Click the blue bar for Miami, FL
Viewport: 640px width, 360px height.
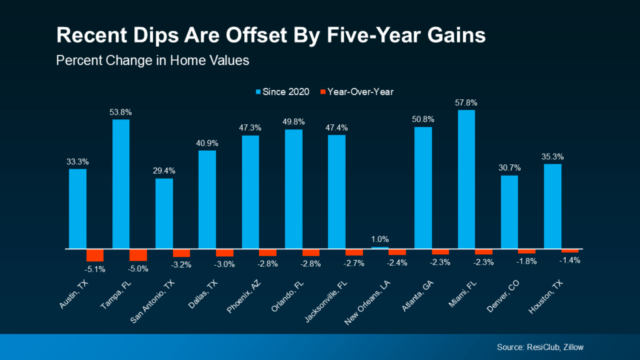[x=466, y=179]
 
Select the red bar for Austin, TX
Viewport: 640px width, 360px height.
[x=95, y=254]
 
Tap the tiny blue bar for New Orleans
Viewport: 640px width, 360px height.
[x=379, y=247]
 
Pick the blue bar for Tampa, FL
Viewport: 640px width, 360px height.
[x=121, y=184]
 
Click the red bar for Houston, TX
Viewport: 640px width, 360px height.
[x=570, y=251]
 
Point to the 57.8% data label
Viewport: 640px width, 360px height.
[x=466, y=102]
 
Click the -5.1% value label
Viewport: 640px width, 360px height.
[x=95, y=269]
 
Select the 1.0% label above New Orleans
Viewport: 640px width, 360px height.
[x=379, y=239]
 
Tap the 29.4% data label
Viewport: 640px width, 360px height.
[x=164, y=170]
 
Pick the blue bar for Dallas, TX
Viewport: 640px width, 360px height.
[x=207, y=199]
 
